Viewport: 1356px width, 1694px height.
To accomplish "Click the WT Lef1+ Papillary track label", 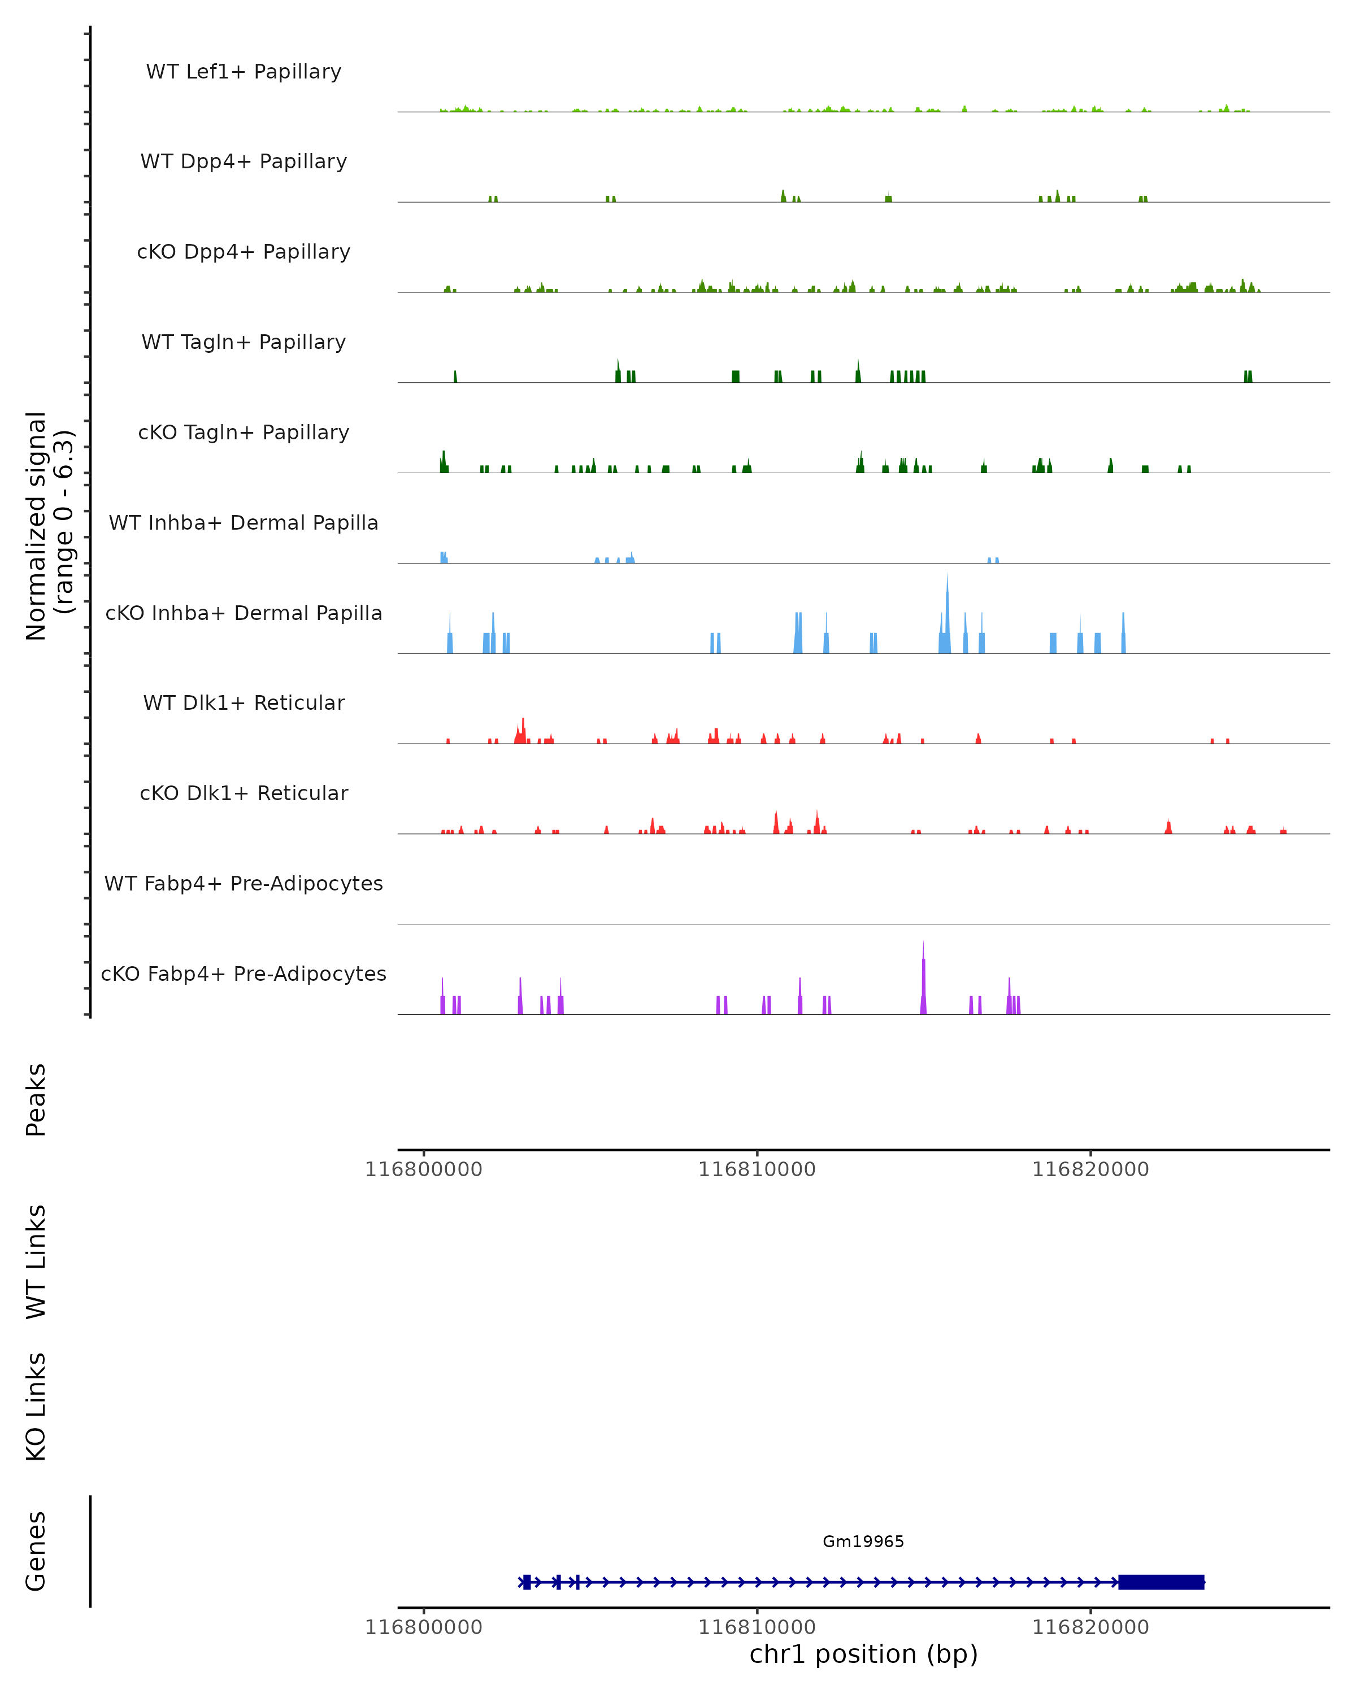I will tap(244, 72).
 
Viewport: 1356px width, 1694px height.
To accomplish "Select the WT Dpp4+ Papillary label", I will tap(244, 162).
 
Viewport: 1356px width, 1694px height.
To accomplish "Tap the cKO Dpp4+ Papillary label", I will tap(244, 252).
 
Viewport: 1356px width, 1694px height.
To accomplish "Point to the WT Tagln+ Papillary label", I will tap(244, 343).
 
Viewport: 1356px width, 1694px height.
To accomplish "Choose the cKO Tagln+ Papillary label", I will tap(244, 433).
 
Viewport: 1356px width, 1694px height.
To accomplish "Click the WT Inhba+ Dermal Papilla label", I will tap(244, 523).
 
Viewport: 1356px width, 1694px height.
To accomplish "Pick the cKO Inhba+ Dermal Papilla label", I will tap(244, 614).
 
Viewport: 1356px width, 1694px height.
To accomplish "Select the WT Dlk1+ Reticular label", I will tap(244, 703).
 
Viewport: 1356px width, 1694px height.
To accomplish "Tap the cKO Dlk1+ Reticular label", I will tap(244, 793).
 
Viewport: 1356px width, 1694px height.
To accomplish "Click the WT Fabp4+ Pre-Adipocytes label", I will tap(244, 884).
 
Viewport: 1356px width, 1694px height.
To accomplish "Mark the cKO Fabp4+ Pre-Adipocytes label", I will tap(244, 974).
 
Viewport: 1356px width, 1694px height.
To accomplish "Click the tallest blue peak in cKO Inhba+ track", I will tap(948, 605).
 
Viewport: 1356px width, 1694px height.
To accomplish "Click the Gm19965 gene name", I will tap(863, 1542).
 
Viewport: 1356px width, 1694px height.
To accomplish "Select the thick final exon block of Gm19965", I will tap(1161, 1582).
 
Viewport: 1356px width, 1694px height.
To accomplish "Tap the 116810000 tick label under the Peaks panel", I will tap(757, 1169).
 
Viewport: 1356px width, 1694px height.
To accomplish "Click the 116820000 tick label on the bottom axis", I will tap(1090, 1627).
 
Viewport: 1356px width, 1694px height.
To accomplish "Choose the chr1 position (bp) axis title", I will tap(863, 1654).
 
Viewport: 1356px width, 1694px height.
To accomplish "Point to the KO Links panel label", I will tap(36, 1407).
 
